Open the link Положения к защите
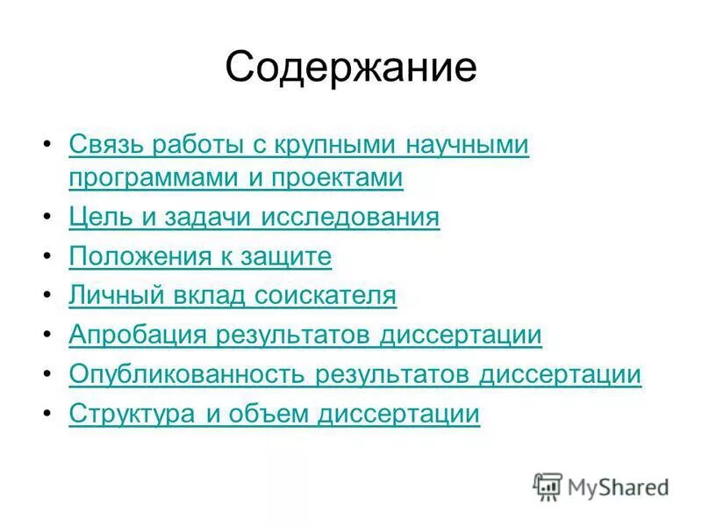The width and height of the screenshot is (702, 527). coord(200,256)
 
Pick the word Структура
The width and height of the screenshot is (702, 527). coord(132,415)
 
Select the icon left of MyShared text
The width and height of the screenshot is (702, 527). coord(548,486)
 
